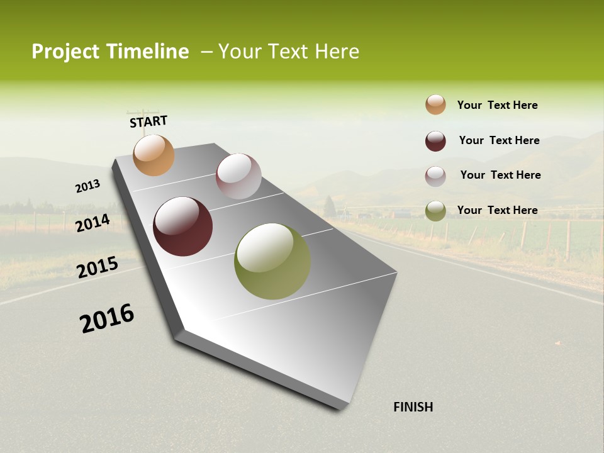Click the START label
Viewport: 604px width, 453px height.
point(148,121)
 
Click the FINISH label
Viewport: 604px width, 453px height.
point(413,407)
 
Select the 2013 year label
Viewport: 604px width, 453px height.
point(88,186)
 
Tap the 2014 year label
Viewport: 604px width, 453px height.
point(93,223)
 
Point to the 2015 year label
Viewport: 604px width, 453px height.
point(98,267)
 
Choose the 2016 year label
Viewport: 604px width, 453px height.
point(107,318)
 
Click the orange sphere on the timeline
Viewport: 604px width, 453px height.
point(154,155)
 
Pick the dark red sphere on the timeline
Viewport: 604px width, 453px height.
point(182,226)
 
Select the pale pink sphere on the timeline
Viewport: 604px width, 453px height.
point(238,176)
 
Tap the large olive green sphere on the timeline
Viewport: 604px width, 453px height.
point(272,261)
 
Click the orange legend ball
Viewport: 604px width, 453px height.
point(435,104)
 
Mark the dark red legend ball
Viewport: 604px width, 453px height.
point(435,141)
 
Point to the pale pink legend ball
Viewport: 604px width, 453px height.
point(435,176)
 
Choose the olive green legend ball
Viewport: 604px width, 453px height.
point(435,211)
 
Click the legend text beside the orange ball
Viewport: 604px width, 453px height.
point(497,105)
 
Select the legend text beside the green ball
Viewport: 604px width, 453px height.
point(497,210)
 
